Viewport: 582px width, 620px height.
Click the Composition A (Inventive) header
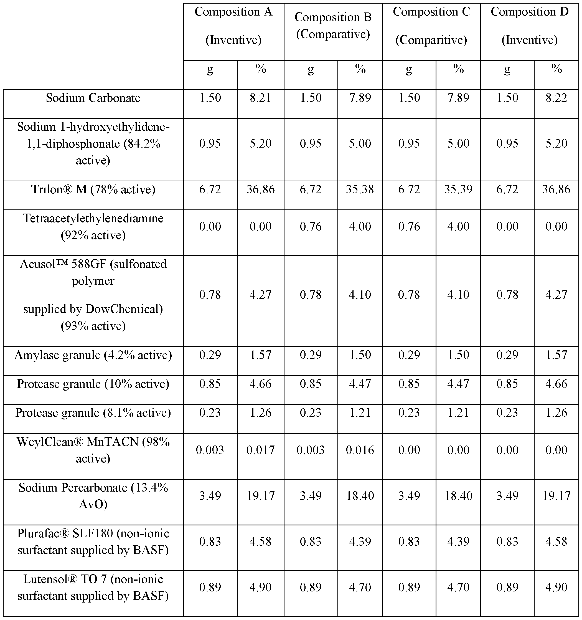point(233,26)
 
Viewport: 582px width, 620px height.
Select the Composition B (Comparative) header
point(333,26)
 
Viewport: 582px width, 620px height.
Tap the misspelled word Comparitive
point(431,40)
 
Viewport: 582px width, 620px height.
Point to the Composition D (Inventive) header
point(529,26)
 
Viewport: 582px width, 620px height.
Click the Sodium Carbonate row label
point(93,98)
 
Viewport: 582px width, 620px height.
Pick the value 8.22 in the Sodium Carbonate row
point(556,98)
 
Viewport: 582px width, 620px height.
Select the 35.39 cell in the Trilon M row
point(458,189)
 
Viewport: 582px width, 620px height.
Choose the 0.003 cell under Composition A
point(210,450)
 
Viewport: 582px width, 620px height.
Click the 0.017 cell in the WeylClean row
point(261,450)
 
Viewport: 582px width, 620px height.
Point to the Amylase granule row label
point(93,355)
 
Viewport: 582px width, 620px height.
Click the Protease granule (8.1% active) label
point(93,413)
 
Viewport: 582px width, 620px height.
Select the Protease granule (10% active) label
point(93,384)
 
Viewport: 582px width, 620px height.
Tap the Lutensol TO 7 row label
point(93,588)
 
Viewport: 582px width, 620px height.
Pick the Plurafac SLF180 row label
point(93,542)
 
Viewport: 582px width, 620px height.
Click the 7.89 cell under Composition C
point(458,98)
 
